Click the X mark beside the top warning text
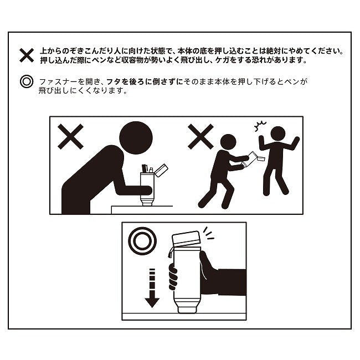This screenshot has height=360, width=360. coord(27,55)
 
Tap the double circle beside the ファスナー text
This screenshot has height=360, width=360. coord(27,81)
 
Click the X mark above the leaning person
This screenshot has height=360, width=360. coord(70,137)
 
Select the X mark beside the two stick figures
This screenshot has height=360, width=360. coord(200,137)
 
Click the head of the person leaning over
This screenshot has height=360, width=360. coord(136,138)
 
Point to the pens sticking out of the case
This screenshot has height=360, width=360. coord(147,169)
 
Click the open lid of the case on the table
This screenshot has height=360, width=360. coord(161,170)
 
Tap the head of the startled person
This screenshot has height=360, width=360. coord(278,133)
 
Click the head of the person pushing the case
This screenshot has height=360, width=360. coord(228,142)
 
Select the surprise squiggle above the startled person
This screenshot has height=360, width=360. coord(260,126)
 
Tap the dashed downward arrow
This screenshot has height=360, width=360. coord(152,288)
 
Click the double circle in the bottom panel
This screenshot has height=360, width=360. coord(142,241)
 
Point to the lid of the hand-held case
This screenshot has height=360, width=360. coord(186,238)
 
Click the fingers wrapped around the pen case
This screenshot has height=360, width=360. coord(173,276)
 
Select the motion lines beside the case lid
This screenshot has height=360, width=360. coord(208,234)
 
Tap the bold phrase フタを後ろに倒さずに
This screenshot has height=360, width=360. coord(145,82)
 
